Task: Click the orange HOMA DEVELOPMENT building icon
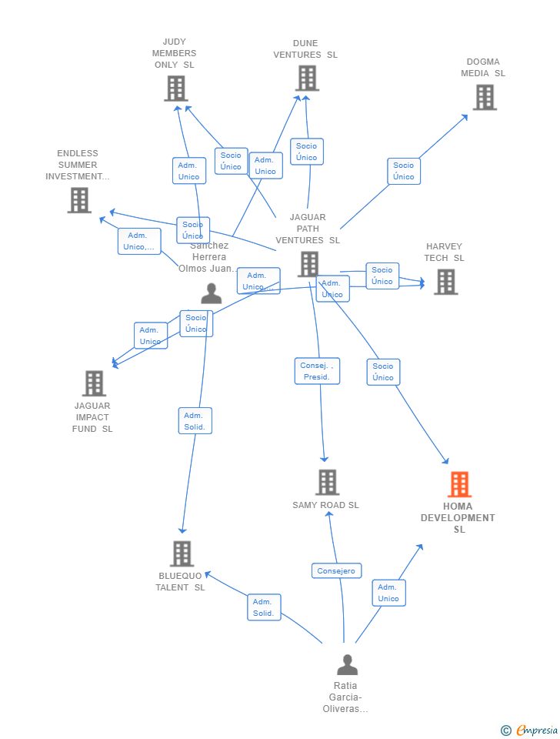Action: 459,484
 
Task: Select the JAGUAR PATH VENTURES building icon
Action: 308,264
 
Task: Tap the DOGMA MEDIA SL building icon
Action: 484,97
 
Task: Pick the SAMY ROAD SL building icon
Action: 327,482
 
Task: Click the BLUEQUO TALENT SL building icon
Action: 182,553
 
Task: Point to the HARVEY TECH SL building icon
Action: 445,282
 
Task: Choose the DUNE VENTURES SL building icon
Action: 307,78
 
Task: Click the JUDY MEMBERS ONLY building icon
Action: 176,89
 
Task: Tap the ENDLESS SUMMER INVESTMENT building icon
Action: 79,200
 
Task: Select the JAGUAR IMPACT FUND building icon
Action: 94,383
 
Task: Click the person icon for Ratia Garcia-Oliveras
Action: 347,664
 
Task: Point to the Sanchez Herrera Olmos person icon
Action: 211,293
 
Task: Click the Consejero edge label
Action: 336,571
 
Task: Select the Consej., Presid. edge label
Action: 317,371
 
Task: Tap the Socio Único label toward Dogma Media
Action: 403,171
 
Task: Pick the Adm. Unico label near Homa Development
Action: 388,593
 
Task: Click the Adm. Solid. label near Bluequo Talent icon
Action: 264,607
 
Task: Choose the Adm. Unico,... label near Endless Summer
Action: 139,241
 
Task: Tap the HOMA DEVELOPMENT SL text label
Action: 458,517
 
